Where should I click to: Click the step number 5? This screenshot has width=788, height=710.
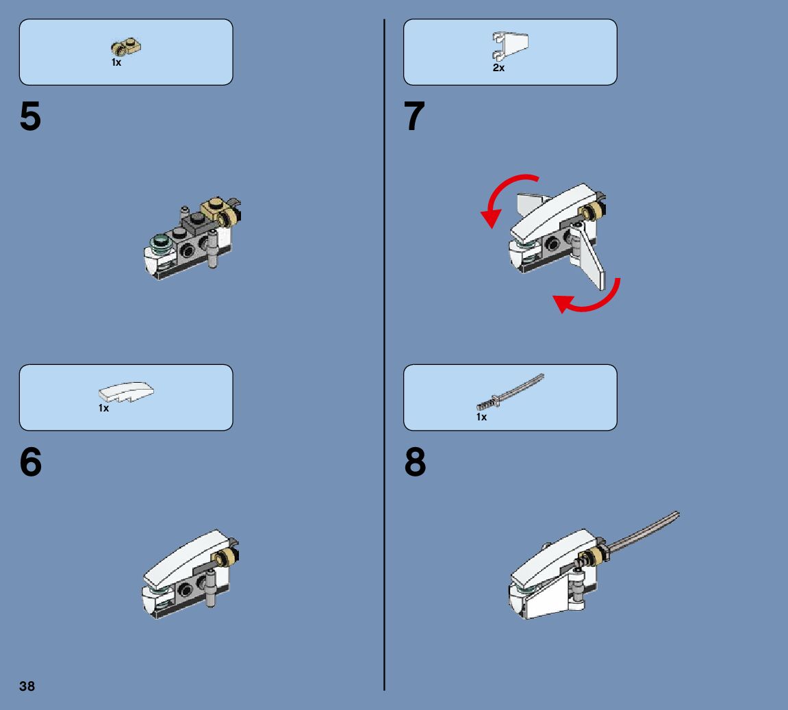tap(30, 116)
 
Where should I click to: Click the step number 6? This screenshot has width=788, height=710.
tap(31, 461)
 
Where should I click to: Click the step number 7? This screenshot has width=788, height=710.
tap(414, 116)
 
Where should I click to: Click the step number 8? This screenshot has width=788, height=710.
tap(415, 461)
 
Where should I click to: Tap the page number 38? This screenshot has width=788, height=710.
tap(27, 686)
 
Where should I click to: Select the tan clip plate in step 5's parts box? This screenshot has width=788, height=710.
tap(126, 47)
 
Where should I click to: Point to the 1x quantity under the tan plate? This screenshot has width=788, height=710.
tap(116, 62)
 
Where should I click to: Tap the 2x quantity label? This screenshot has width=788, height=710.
tap(498, 68)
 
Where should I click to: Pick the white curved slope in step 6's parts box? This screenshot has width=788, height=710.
tap(126, 392)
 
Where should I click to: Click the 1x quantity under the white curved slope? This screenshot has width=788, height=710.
tap(103, 408)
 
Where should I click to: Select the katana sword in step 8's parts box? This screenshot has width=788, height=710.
tap(510, 392)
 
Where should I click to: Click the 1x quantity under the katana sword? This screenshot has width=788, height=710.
tap(481, 417)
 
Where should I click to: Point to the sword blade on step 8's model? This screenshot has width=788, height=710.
tap(644, 530)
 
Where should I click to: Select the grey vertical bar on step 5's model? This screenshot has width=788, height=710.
tap(213, 249)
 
